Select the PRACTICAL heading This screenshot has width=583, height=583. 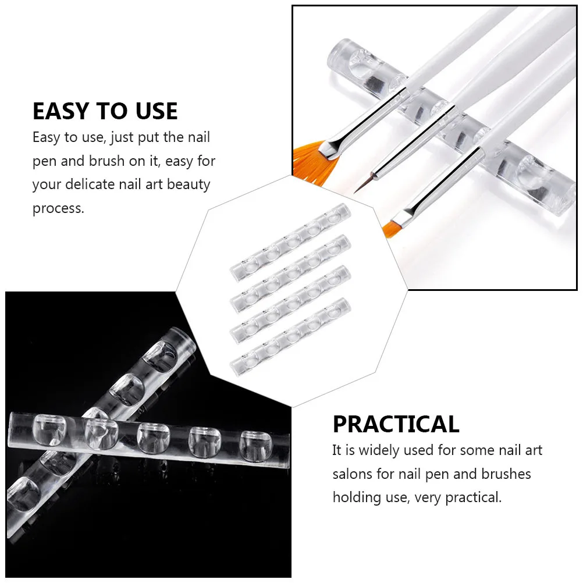click(396, 424)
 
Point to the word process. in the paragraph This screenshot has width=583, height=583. click(58, 208)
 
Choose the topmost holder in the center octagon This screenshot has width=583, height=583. click(290, 240)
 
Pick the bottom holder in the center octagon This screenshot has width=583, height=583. click(290, 336)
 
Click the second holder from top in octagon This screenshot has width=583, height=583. click(290, 272)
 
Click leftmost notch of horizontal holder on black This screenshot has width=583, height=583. click(51, 427)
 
